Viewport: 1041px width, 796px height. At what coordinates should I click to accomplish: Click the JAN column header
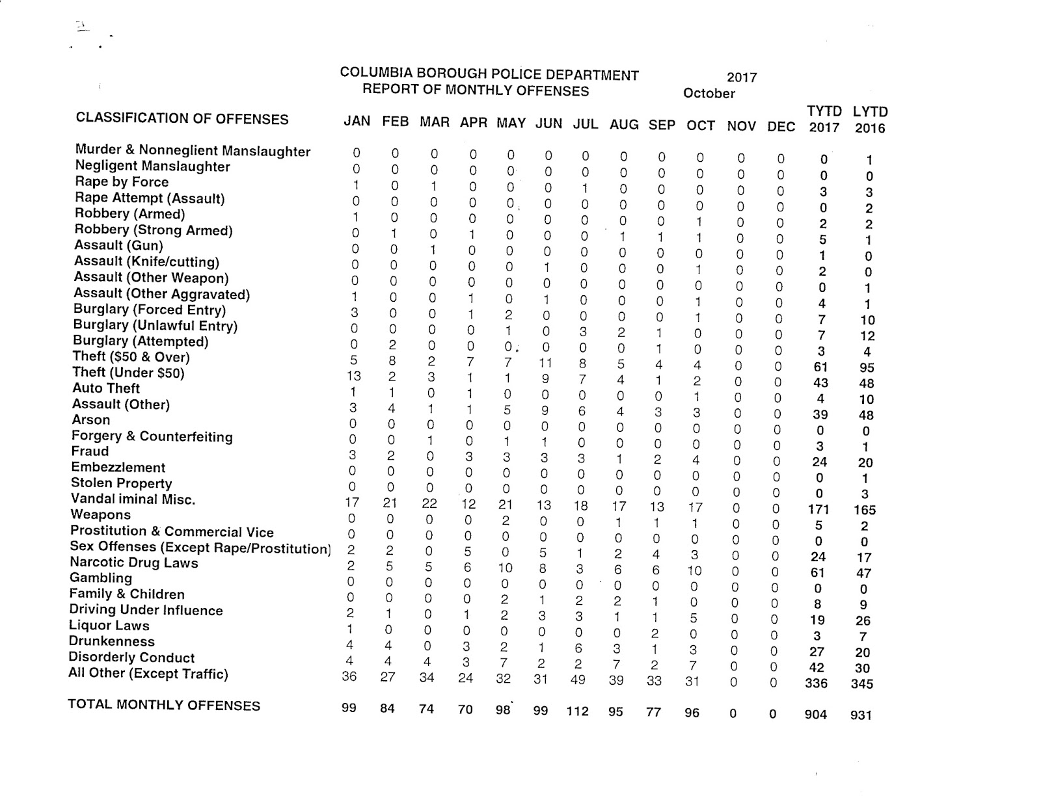tap(357, 121)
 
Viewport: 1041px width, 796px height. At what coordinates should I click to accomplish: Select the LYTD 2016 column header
tap(870, 120)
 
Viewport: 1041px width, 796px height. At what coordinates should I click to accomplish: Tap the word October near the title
tap(709, 93)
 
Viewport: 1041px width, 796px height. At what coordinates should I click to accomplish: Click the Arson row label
tap(91, 420)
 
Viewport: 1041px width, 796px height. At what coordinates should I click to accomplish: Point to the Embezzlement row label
tap(118, 468)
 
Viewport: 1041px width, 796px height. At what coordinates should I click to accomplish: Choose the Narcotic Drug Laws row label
tap(134, 563)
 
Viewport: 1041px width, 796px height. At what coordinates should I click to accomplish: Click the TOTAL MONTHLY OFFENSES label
tap(164, 706)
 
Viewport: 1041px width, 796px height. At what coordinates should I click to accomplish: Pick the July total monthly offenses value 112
tap(578, 711)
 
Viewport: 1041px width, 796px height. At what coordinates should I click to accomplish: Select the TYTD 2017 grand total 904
tap(815, 714)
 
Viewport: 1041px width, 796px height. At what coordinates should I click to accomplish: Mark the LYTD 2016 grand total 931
tap(860, 715)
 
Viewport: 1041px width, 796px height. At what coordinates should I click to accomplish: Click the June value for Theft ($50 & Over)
tap(545, 362)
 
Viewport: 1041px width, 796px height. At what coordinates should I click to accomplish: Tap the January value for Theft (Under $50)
tap(354, 376)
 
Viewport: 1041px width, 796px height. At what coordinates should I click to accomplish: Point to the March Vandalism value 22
tap(429, 503)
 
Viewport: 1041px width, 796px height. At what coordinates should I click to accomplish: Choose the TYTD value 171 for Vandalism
tap(818, 509)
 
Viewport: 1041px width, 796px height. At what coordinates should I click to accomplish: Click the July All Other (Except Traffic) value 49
tap(578, 680)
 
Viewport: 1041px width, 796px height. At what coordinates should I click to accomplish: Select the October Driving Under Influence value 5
tap(694, 618)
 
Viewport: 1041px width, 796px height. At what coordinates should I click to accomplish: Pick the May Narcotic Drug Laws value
tap(505, 568)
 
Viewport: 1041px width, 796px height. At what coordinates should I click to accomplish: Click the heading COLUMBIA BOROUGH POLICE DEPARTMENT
tap(489, 74)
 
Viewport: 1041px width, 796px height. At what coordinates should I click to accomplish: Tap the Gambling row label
tap(101, 578)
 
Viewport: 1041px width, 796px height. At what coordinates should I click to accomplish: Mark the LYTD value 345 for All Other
tap(861, 683)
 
